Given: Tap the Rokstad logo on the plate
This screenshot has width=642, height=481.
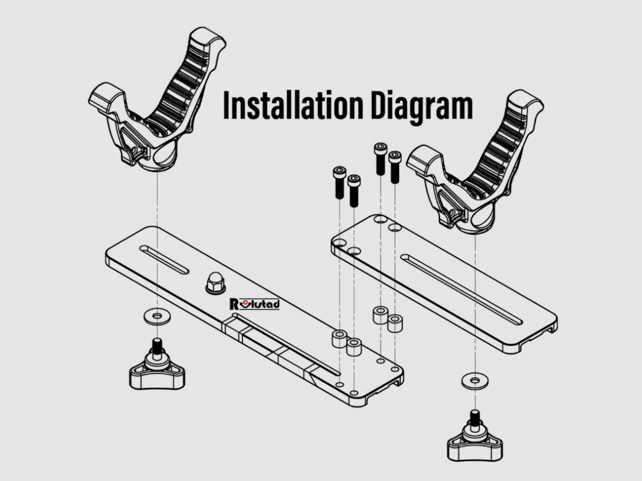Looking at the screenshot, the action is (x=255, y=304).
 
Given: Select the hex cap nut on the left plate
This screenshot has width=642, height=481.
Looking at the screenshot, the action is (x=215, y=282).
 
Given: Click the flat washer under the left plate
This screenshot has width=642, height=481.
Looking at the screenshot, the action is (x=157, y=316).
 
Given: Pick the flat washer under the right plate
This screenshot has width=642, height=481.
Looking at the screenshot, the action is (x=475, y=381).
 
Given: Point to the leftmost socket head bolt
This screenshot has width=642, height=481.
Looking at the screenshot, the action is (x=339, y=182).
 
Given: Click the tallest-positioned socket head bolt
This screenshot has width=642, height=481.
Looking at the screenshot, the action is (x=380, y=159).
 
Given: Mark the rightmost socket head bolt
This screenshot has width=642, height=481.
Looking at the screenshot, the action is (x=395, y=167).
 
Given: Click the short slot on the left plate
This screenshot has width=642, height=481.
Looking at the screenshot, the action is (x=164, y=259).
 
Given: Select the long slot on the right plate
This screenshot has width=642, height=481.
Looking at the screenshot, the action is (x=462, y=289).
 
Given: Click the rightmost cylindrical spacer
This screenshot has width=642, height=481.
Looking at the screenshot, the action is (x=395, y=323).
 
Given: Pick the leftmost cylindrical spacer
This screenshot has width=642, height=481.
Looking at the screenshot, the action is (x=339, y=339).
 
